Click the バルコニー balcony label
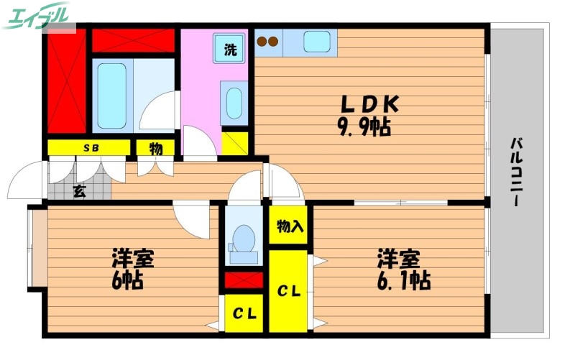(x=516, y=172)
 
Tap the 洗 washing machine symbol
(x=230, y=50)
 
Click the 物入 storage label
(x=290, y=227)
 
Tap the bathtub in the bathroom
(x=111, y=96)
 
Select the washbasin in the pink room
(x=234, y=102)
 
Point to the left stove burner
(x=262, y=42)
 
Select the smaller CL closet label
(x=244, y=315)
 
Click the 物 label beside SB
(x=156, y=148)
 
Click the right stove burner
(x=273, y=42)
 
